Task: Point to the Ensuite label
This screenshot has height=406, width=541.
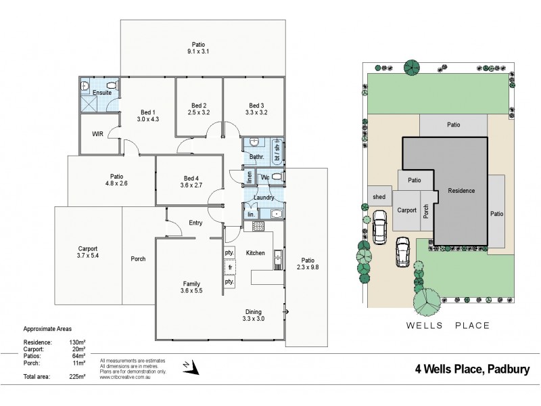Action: click(103, 92)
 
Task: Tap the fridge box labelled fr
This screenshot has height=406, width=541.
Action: click(229, 267)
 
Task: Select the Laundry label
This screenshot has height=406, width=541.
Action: click(263, 198)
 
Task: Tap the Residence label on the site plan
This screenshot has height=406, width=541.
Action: click(461, 191)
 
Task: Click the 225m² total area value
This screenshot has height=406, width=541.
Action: click(76, 376)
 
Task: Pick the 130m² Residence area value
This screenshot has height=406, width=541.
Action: click(76, 342)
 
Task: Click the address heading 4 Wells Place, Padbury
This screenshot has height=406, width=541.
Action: click(471, 370)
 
